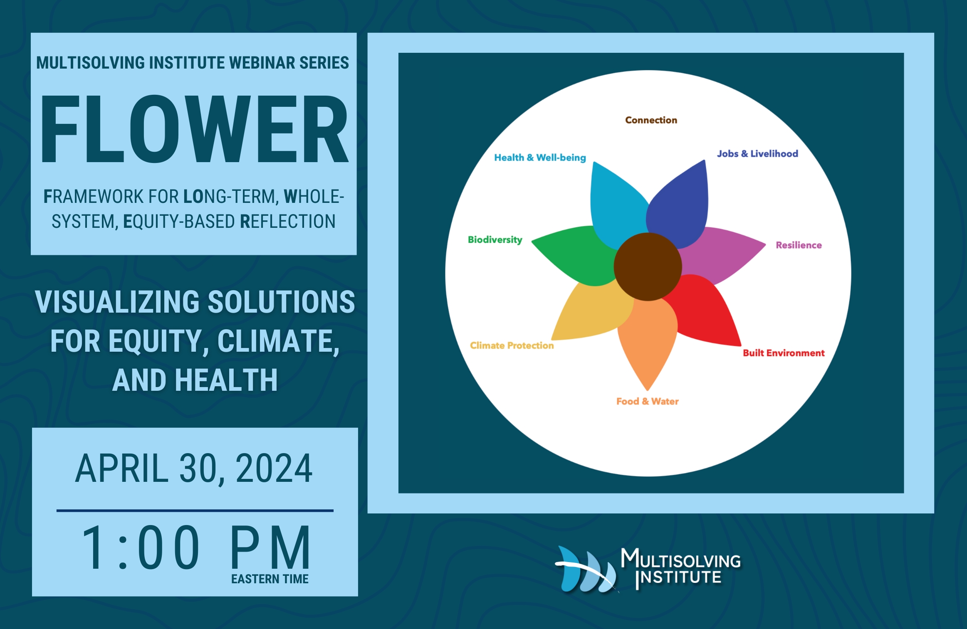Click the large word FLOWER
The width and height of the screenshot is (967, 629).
[194, 129]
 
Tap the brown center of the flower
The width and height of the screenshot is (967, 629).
[648, 266]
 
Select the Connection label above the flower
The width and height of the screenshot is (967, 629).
[651, 120]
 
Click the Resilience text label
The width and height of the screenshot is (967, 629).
[799, 245]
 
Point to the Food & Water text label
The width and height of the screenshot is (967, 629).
[647, 401]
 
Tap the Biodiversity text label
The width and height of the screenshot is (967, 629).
[495, 240]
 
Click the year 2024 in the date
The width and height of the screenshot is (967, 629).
[274, 469]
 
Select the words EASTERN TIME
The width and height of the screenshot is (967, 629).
[270, 579]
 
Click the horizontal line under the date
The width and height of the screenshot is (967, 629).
[195, 511]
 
